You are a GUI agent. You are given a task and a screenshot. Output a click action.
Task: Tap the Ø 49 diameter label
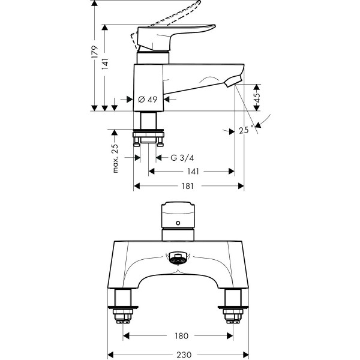[x=147, y=100]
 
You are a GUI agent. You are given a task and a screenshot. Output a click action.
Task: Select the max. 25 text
[x=115, y=158]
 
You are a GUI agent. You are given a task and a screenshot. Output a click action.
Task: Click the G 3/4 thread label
[x=182, y=158]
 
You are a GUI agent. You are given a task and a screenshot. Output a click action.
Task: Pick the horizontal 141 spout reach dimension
[x=193, y=172]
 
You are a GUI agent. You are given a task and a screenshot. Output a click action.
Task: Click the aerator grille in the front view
[x=178, y=259]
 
